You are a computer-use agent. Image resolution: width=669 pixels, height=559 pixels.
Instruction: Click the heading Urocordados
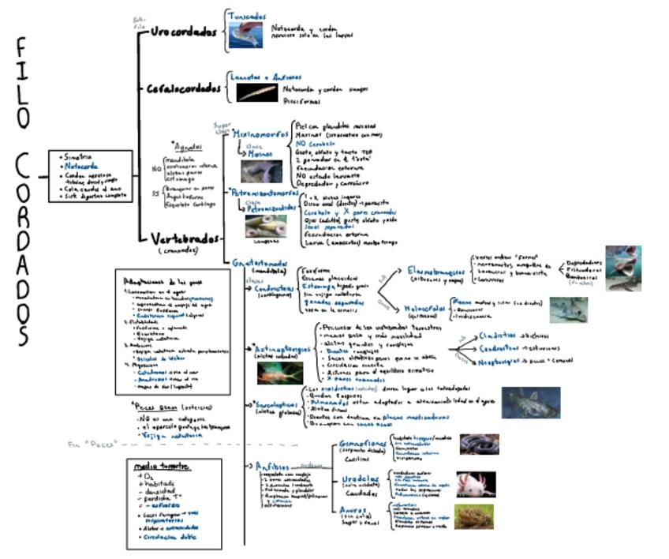click(x=183, y=32)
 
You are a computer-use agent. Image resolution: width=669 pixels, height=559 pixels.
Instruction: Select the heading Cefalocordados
click(x=183, y=88)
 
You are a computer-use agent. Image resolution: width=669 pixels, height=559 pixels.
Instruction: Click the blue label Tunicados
click(x=247, y=16)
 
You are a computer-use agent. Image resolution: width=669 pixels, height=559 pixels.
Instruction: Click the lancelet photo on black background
click(x=257, y=92)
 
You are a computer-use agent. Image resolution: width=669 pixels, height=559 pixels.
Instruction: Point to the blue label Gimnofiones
click(x=361, y=445)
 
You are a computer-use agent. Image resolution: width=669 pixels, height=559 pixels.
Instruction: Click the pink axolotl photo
click(x=475, y=484)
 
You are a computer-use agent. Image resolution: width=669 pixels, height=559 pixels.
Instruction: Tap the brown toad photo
click(x=473, y=516)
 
